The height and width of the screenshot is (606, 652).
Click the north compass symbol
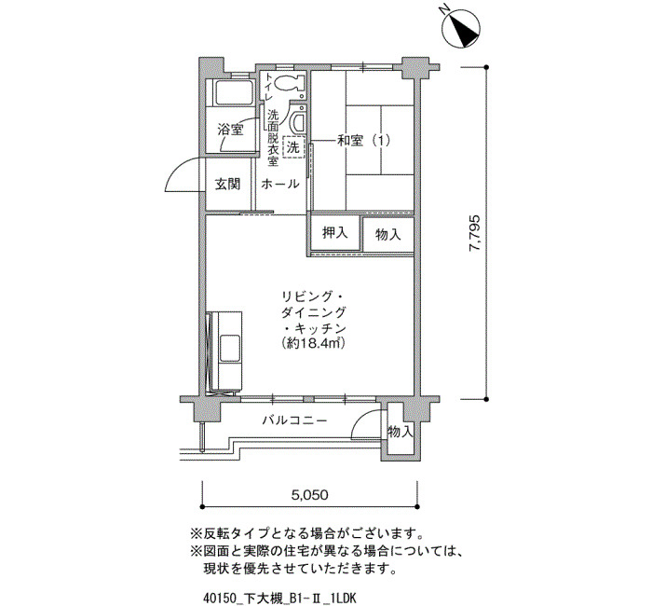click(461, 29)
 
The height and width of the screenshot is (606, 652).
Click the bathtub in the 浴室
click(234, 92)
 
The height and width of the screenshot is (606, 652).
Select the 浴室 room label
click(230, 130)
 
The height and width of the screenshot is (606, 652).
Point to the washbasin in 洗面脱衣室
click(298, 120)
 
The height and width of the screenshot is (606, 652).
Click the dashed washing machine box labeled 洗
click(293, 147)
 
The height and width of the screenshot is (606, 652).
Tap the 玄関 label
click(227, 184)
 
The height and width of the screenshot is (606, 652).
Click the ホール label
click(279, 184)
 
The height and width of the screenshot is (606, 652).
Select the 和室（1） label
click(364, 141)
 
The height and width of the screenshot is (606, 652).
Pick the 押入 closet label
click(334, 233)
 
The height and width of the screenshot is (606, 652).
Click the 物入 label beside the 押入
click(388, 234)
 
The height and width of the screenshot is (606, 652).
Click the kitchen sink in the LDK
click(230, 348)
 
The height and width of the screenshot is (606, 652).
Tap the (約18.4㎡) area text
click(314, 343)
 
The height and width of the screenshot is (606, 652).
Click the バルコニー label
click(294, 420)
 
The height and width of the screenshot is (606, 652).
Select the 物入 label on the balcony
click(400, 432)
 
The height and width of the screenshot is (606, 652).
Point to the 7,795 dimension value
click(474, 233)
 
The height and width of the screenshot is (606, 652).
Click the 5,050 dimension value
click(310, 495)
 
